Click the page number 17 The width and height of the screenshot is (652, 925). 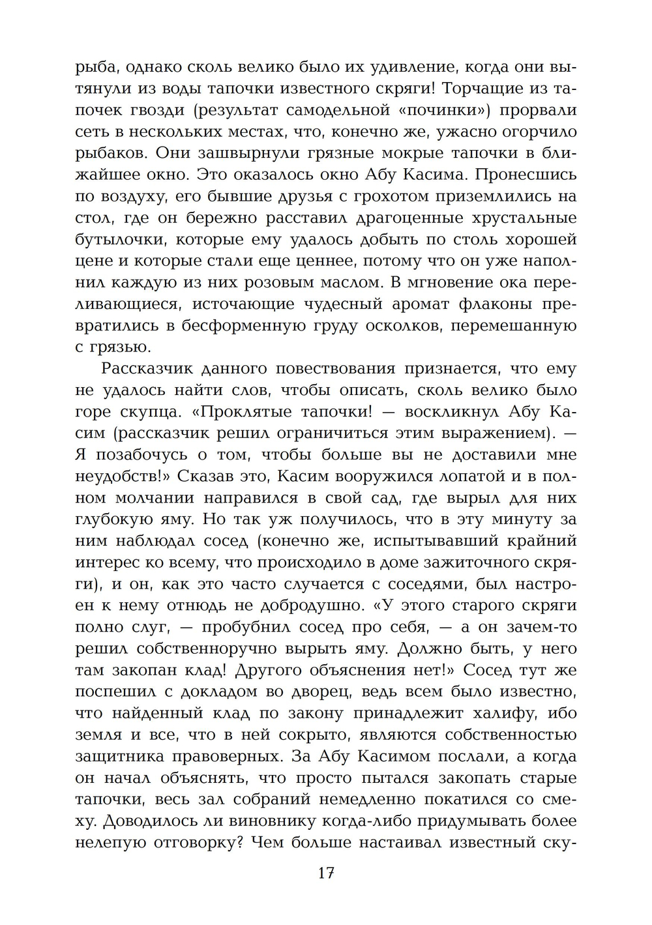[326, 873]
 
